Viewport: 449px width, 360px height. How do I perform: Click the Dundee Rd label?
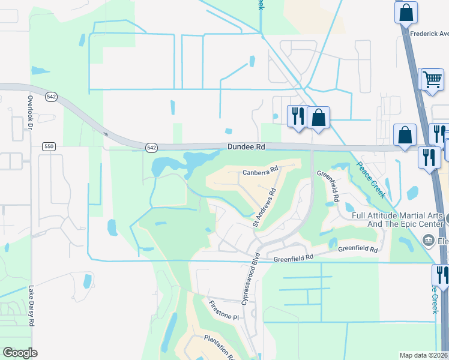(x=246, y=146)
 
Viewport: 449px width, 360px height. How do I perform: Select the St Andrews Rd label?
(x=264, y=208)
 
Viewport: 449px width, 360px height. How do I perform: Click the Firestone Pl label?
(x=224, y=311)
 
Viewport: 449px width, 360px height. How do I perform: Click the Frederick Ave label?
(x=429, y=34)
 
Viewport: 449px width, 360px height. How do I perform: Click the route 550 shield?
(x=49, y=146)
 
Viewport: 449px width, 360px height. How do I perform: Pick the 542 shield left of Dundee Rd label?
(x=152, y=147)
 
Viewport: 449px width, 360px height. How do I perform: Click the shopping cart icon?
(x=432, y=79)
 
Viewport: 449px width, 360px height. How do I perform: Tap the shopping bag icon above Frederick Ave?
(x=406, y=12)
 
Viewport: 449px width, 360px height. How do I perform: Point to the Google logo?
(x=20, y=353)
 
